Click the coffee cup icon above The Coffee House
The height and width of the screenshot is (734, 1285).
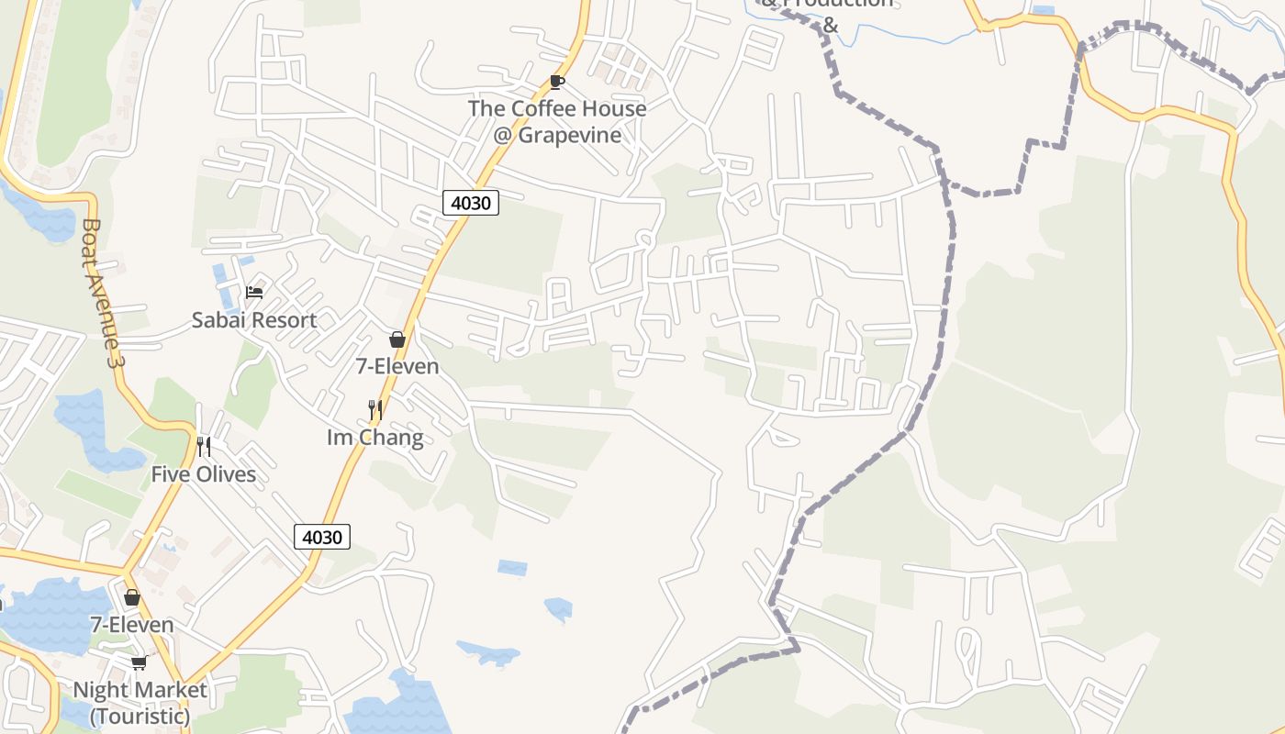click(x=556, y=82)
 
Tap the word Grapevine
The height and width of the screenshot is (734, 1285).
click(x=570, y=135)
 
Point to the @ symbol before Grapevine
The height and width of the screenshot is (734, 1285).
click(x=502, y=136)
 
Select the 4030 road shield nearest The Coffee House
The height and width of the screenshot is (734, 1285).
click(x=471, y=203)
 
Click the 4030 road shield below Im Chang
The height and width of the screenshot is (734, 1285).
click(x=322, y=537)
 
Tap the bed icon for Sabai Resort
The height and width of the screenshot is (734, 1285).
click(x=254, y=293)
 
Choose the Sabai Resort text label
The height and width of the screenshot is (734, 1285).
click(x=253, y=320)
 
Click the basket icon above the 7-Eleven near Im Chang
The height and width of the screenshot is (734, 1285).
click(x=397, y=339)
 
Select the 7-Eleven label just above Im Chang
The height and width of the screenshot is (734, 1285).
click(x=397, y=366)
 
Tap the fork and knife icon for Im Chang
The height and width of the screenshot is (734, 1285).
click(x=374, y=409)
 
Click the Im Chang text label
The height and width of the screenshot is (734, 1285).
click(x=375, y=437)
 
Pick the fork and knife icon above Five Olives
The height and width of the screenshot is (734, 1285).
click(x=204, y=447)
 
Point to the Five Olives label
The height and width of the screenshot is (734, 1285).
click(x=204, y=474)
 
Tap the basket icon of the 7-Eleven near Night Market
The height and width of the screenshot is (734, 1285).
click(x=132, y=598)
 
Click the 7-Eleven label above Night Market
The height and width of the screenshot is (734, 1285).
click(x=131, y=625)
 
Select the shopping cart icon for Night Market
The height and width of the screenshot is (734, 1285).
click(x=139, y=662)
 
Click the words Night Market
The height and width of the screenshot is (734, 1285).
click(x=140, y=689)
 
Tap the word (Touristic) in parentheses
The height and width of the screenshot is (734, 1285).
click(x=140, y=715)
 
